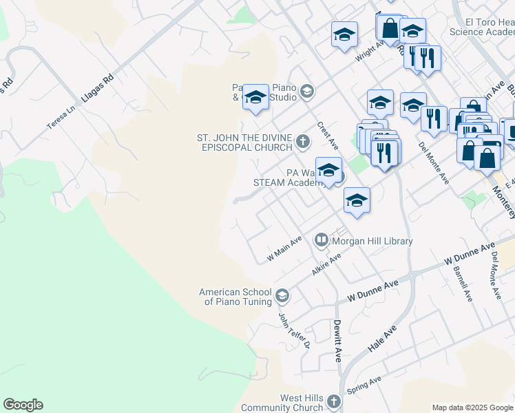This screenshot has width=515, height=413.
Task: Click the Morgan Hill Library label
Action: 372,241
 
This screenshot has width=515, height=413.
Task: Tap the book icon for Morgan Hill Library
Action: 321,241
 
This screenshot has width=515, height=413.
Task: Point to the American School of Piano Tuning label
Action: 234,297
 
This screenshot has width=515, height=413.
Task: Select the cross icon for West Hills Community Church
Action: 333,401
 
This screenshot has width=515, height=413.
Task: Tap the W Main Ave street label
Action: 284,248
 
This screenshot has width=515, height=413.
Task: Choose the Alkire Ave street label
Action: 326,265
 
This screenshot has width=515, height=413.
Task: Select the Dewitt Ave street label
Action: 338,341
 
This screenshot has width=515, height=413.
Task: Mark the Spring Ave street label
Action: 364,385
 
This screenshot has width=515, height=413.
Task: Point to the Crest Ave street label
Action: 328,136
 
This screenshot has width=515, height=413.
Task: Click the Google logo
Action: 23,405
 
